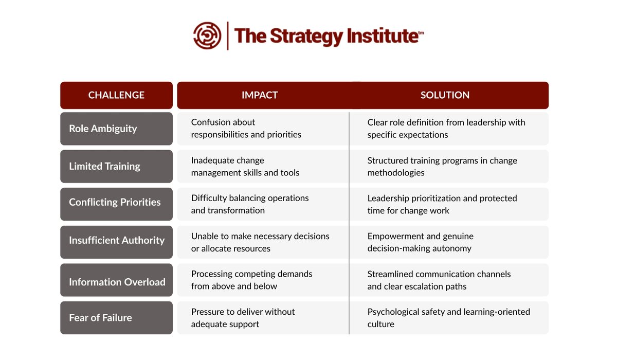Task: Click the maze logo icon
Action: pos(207,35)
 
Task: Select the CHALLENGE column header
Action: pos(116,95)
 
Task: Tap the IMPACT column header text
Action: pos(260,95)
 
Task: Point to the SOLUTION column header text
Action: pos(445,95)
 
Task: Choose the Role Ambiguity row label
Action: pos(103,129)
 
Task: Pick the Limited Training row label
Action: pos(104,166)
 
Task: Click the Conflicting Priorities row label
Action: pos(115,202)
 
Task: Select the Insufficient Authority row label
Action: pos(117,240)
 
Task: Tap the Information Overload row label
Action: pos(117,282)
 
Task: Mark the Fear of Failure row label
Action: pos(100,318)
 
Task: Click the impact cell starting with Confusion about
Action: pos(246,129)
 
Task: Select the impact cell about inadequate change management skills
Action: pos(245,167)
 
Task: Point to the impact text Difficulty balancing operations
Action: pos(250,198)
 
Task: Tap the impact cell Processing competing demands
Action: pos(251,280)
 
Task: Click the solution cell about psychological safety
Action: pos(448,318)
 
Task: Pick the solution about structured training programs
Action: pos(442,167)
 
